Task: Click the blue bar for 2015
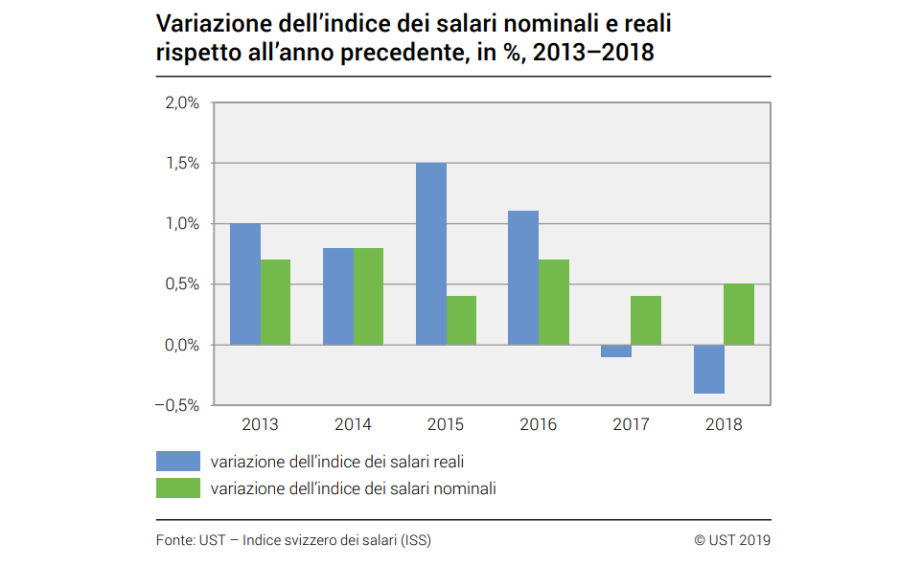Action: tap(430, 254)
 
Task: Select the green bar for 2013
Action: tap(276, 302)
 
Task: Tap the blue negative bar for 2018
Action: tap(708, 369)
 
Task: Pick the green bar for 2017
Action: tap(646, 320)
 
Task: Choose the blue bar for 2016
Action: tap(523, 278)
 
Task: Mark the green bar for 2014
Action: tap(368, 296)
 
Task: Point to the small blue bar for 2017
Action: tap(615, 351)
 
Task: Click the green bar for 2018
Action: tap(739, 314)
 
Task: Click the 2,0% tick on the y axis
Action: tap(181, 103)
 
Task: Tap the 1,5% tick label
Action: tap(181, 164)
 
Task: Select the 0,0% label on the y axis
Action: tap(181, 345)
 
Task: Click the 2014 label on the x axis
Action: tap(353, 424)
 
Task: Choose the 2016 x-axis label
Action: tap(538, 424)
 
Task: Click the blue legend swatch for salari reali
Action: tap(177, 462)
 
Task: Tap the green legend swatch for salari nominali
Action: tap(177, 488)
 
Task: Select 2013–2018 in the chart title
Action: tap(593, 53)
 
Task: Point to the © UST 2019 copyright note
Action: tap(732, 540)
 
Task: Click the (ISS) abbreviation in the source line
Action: tap(416, 540)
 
